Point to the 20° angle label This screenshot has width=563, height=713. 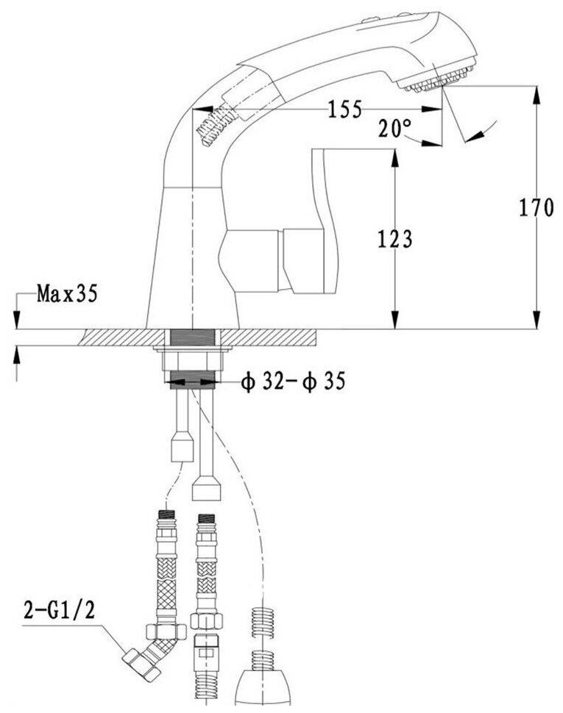click(x=395, y=129)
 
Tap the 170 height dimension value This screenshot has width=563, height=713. click(x=534, y=208)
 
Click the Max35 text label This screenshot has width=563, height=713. click(x=66, y=295)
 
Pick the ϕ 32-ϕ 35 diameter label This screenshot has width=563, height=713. click(x=293, y=382)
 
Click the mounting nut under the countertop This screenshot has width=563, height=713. click(x=191, y=360)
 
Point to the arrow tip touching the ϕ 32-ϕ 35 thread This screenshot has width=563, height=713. click(x=221, y=381)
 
